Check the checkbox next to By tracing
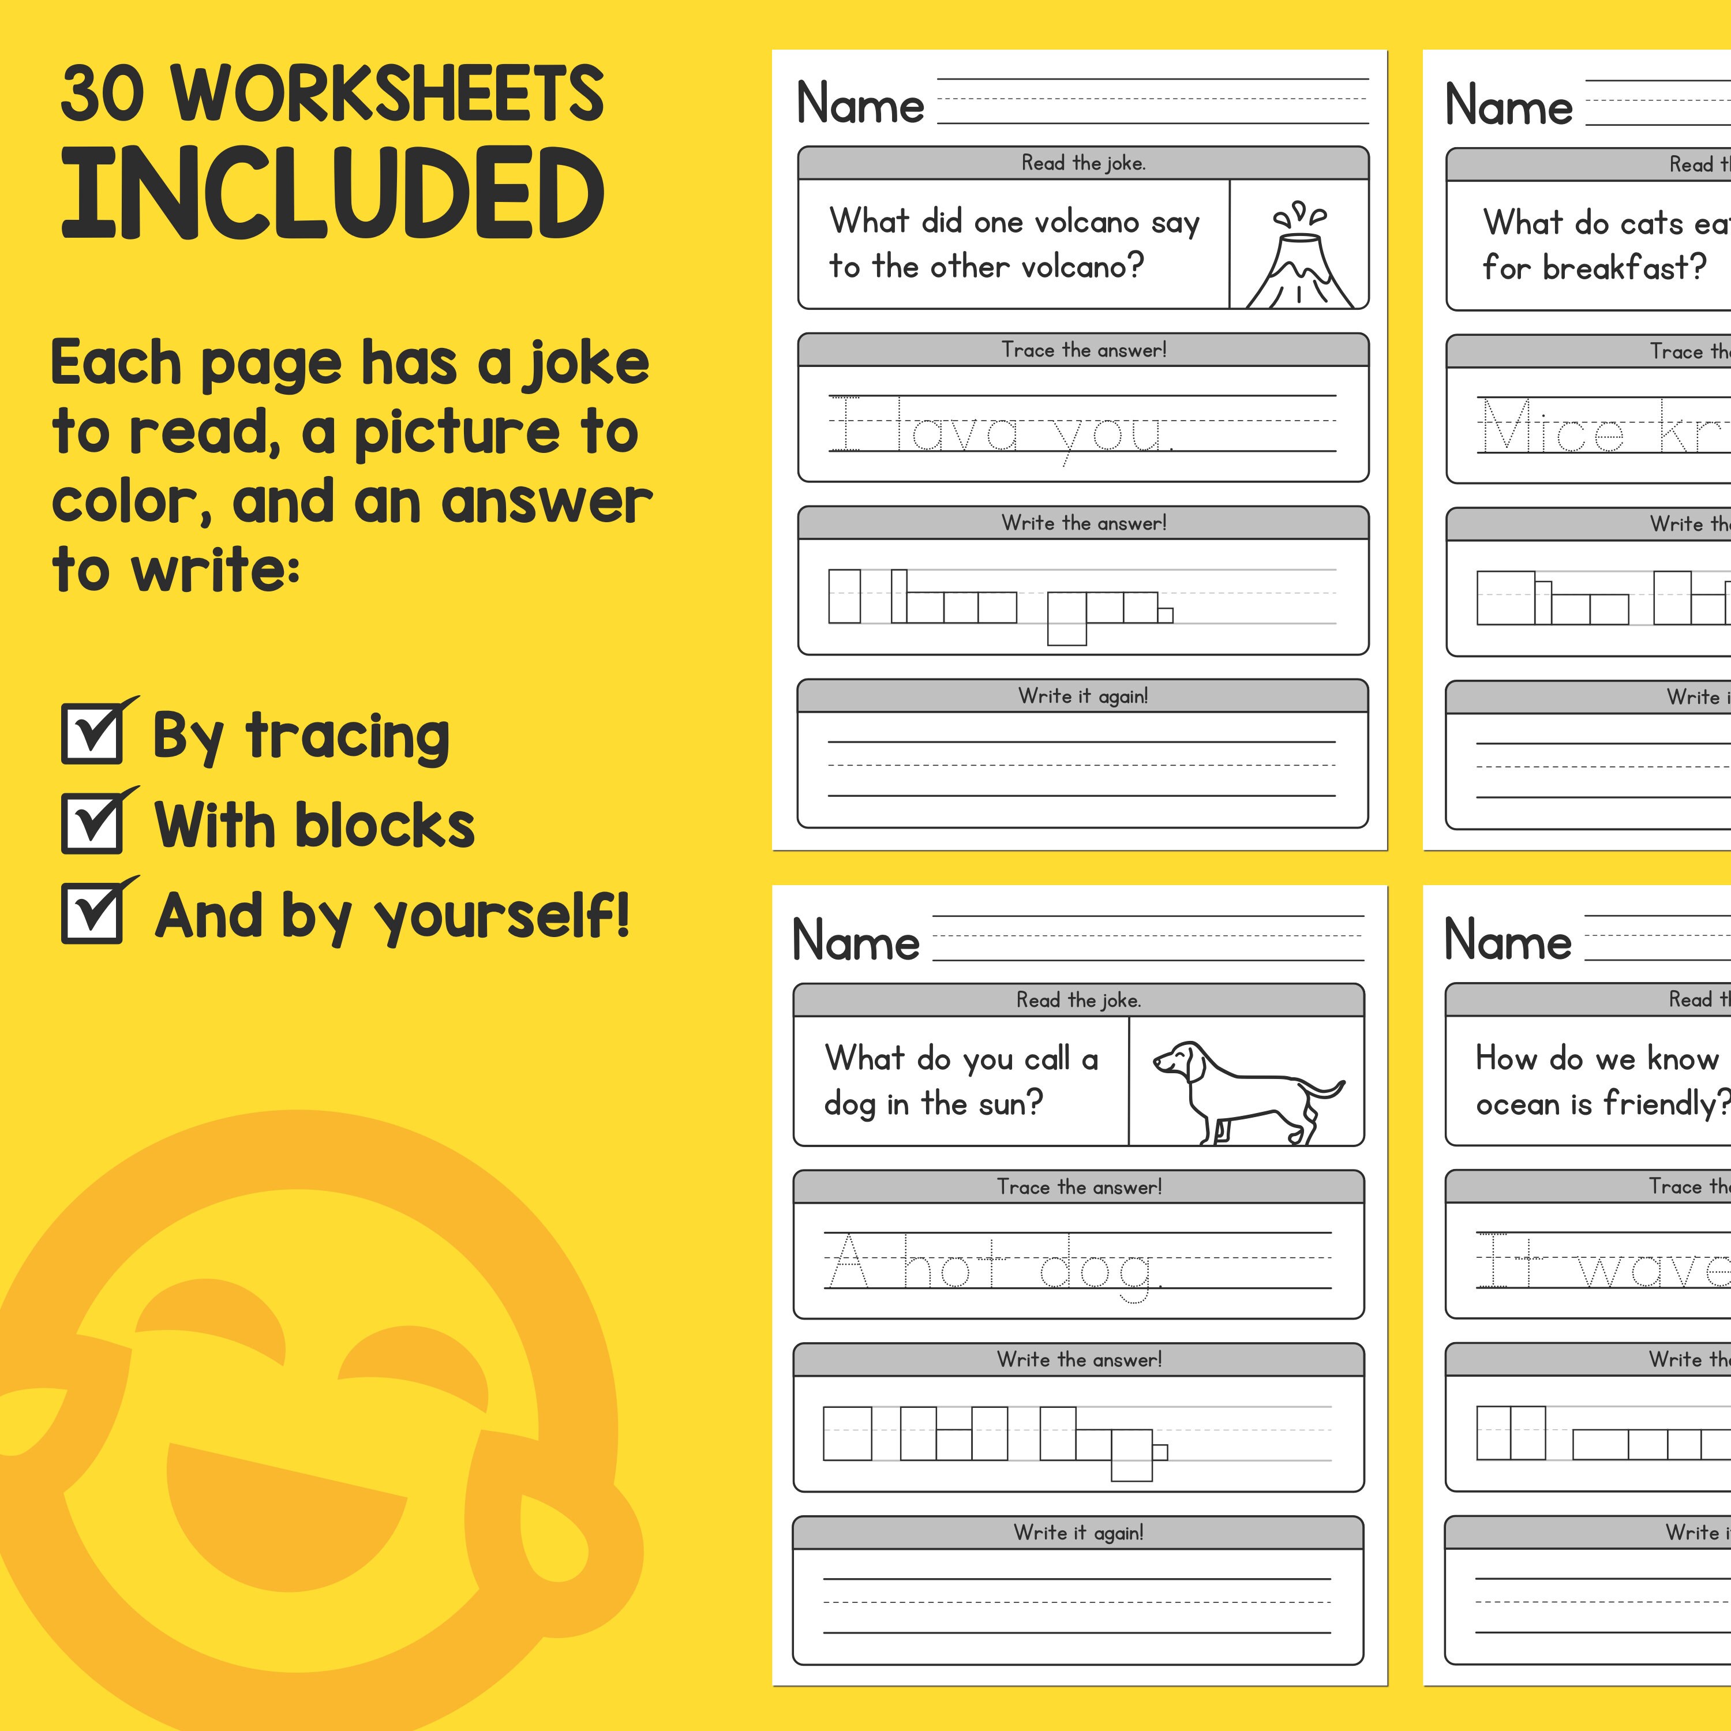(x=92, y=734)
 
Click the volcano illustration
(x=1299, y=256)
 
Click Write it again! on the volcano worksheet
(x=1082, y=696)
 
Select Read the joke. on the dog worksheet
(x=1078, y=1000)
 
